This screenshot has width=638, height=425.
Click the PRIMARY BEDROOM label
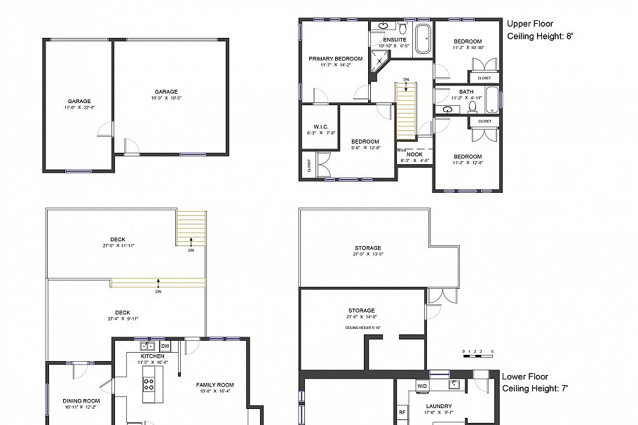pyautogui.click(x=336, y=59)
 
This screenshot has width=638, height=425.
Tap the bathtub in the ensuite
pyautogui.click(x=423, y=39)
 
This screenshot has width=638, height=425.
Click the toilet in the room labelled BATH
pyautogui.click(x=473, y=107)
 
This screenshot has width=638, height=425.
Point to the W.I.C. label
pyautogui.click(x=321, y=126)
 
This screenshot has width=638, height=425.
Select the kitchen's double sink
pyautogui.click(x=148, y=346)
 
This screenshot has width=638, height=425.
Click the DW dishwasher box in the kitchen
pyautogui.click(x=165, y=346)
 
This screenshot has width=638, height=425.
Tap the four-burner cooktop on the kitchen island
pyautogui.click(x=149, y=384)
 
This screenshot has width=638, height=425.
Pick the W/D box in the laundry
pyautogui.click(x=422, y=386)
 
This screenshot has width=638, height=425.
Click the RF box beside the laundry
pyautogui.click(x=402, y=412)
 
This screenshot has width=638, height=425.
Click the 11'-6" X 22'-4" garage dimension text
pyautogui.click(x=79, y=107)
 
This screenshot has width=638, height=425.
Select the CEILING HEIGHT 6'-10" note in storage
pyautogui.click(x=362, y=328)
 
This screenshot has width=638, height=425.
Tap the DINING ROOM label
pyautogui.click(x=81, y=400)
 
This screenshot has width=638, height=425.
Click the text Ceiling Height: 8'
pyautogui.click(x=535, y=36)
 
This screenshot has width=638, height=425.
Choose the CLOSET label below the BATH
pyautogui.click(x=484, y=121)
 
